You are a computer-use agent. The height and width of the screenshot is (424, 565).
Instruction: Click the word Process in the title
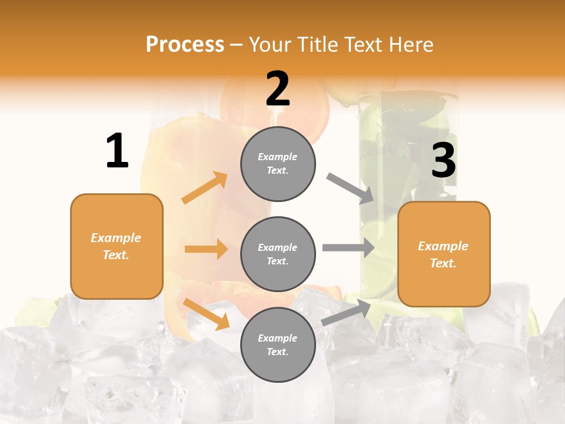(x=185, y=45)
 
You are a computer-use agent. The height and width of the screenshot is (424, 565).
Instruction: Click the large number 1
(x=117, y=151)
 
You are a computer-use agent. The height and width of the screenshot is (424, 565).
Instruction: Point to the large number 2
(x=278, y=88)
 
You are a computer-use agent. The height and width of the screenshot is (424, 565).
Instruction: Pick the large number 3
(x=443, y=161)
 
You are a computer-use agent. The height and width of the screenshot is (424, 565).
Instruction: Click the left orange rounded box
(x=117, y=246)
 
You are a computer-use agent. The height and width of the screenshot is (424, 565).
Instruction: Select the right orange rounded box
(x=444, y=254)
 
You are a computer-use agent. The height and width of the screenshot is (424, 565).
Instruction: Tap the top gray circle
(x=278, y=164)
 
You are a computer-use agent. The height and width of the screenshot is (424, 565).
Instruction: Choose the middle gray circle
(x=278, y=254)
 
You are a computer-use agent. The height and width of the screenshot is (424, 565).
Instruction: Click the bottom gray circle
(x=278, y=345)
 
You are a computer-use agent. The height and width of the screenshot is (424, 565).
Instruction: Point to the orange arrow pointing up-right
(x=205, y=187)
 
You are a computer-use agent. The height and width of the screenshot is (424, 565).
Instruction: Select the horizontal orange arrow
(x=206, y=249)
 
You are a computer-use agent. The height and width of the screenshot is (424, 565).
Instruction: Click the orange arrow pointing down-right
(x=206, y=314)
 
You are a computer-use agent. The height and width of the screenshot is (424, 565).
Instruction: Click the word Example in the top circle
(x=278, y=157)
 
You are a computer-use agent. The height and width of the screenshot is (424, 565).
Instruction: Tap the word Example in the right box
(x=443, y=246)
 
